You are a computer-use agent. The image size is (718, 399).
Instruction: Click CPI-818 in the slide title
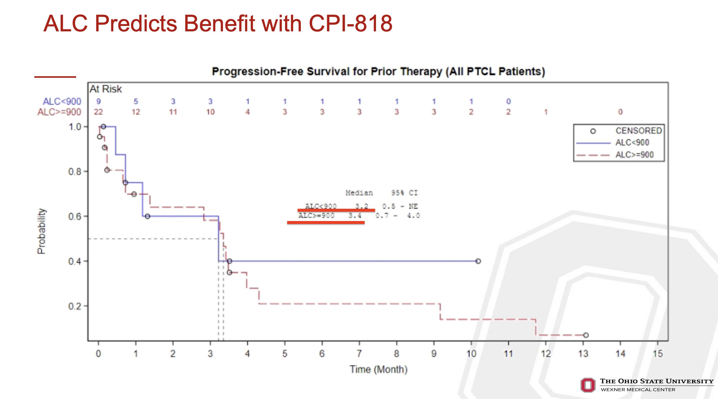351,24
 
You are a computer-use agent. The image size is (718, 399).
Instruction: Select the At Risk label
106,89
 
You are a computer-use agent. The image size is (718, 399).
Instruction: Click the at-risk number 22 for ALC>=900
98,112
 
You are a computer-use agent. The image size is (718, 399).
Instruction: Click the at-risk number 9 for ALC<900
98,102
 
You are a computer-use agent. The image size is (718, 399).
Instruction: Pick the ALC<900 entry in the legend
632,143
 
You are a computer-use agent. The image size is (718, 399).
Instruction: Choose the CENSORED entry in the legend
638,131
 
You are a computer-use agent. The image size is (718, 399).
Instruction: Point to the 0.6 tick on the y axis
75,217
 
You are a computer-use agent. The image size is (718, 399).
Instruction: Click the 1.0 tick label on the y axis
75,127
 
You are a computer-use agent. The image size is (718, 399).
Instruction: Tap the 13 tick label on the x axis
583,354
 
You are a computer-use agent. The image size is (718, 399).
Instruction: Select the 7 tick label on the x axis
359,354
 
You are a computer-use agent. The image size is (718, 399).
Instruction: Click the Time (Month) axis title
378,369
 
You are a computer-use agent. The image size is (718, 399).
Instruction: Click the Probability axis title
41,231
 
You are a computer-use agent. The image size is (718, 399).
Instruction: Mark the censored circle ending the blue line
478,261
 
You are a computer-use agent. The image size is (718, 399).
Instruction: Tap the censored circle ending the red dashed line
586,335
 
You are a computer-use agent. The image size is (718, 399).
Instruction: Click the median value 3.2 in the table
361,206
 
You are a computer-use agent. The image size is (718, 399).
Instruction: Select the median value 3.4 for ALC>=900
355,216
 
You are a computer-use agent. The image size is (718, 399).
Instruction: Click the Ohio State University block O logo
588,385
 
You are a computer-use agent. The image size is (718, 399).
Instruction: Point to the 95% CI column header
404,193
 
